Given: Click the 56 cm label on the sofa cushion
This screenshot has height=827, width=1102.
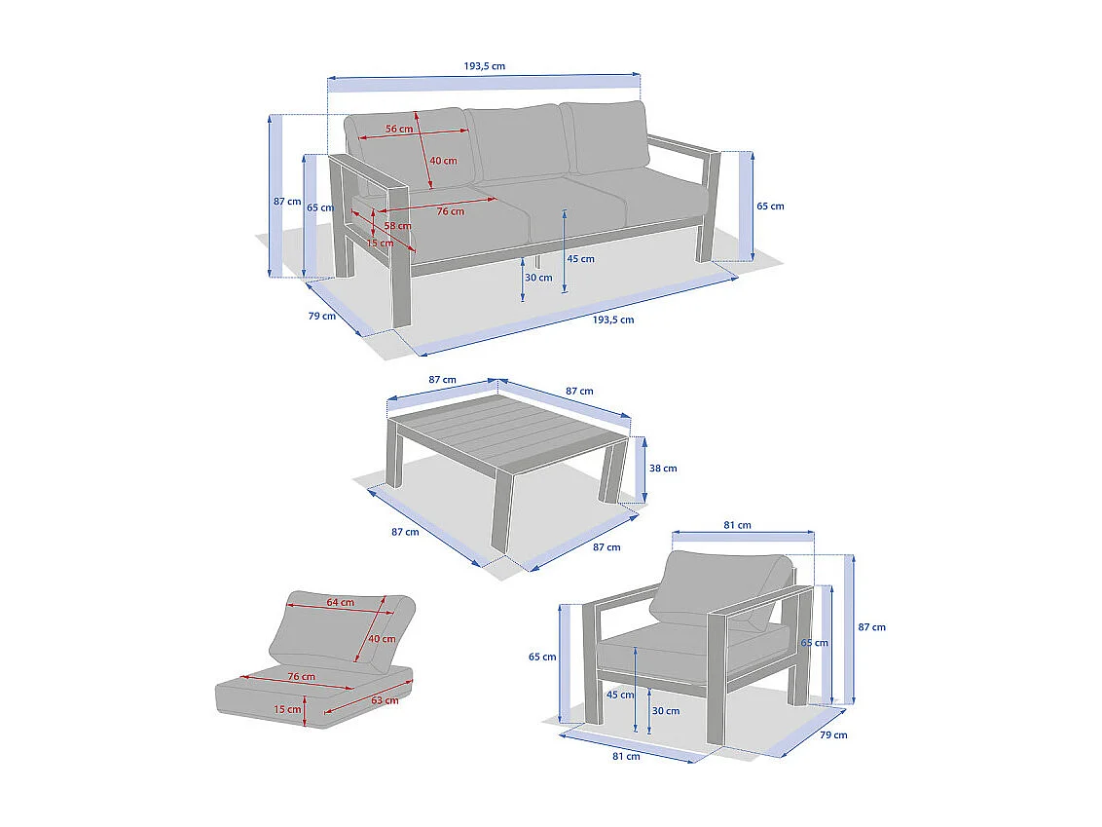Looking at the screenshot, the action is pyautogui.click(x=399, y=129).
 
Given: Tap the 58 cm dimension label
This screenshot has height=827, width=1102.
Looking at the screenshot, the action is pyautogui.click(x=398, y=226).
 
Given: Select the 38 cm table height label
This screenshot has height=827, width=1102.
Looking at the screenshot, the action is pyautogui.click(x=663, y=469).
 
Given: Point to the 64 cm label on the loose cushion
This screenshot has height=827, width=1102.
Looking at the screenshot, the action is pyautogui.click(x=340, y=602).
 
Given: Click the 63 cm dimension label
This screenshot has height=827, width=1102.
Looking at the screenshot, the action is pyautogui.click(x=385, y=700).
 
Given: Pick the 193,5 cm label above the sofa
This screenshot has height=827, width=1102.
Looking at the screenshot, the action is pyautogui.click(x=484, y=66).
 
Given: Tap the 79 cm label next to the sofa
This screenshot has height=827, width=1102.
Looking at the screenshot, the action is pyautogui.click(x=322, y=316).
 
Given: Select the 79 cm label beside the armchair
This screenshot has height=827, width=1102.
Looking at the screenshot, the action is pyautogui.click(x=833, y=734).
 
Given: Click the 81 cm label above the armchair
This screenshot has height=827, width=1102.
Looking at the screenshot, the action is pyautogui.click(x=737, y=525).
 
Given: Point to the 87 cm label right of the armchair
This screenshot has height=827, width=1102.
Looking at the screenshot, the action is pyautogui.click(x=871, y=627).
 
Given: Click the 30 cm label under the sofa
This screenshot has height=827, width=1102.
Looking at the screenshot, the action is pyautogui.click(x=538, y=278).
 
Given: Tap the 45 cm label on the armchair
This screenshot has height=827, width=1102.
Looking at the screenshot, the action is pyautogui.click(x=620, y=695).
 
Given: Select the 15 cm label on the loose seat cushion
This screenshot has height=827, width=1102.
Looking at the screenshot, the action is pyautogui.click(x=287, y=709).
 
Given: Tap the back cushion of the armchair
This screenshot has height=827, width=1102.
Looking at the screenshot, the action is pyautogui.click(x=720, y=588).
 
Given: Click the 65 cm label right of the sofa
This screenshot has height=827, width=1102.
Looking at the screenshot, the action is pyautogui.click(x=770, y=207).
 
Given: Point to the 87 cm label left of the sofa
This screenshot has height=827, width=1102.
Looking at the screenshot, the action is pyautogui.click(x=287, y=201).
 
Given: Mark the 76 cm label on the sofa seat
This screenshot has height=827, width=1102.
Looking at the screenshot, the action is pyautogui.click(x=451, y=211).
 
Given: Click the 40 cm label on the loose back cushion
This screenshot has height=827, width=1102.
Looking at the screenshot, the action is pyautogui.click(x=382, y=639).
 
